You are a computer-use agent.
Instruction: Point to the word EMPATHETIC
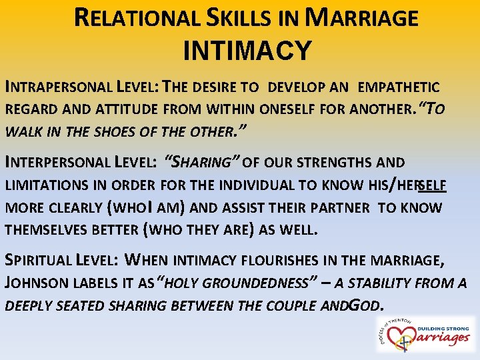click(398, 87)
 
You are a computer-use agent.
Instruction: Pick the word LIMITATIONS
click(43, 186)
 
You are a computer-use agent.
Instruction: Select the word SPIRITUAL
click(40, 259)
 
